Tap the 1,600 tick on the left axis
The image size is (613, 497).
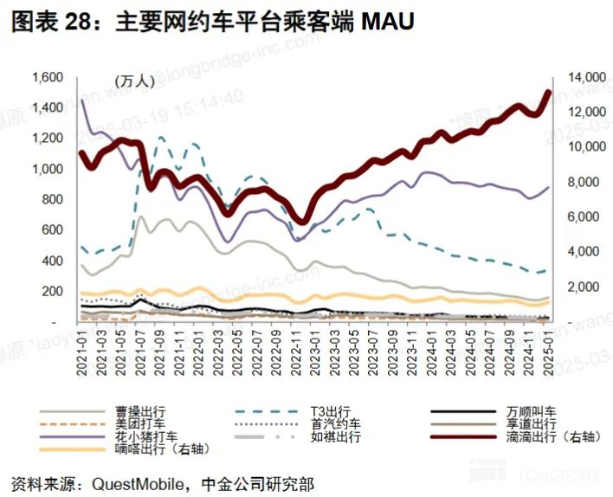pos(48,77)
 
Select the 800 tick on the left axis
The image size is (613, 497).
pos(55,199)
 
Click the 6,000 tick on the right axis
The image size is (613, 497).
pos(580,216)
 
